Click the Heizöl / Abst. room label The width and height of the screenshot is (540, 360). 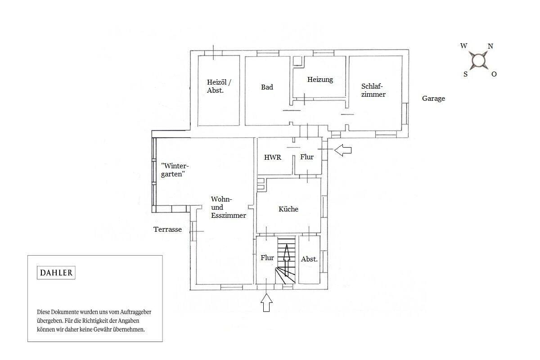click(219, 86)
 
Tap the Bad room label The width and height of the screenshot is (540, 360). click(267, 87)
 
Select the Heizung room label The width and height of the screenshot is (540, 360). click(320, 80)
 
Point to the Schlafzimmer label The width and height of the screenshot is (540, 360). click(373, 90)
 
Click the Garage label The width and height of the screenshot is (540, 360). click(433, 99)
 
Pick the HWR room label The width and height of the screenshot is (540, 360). click(272, 157)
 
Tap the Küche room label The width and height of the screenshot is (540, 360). click(288, 209)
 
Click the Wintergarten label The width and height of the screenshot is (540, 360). click(175, 170)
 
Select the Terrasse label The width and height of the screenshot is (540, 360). click(167, 229)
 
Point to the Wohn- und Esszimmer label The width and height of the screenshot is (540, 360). click(228, 207)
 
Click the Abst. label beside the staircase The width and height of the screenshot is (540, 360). click(309, 259)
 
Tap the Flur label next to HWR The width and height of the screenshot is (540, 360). click(306, 157)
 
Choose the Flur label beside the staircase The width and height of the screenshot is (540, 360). click(267, 257)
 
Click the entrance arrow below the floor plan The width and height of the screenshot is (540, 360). click(266, 302)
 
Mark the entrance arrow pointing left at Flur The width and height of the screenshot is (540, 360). click(343, 150)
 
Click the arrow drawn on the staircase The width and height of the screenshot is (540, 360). click(286, 260)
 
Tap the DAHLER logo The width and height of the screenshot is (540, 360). click(56, 273)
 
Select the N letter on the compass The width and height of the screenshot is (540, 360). click(490, 46)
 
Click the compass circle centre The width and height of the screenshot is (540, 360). click(478, 60)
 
